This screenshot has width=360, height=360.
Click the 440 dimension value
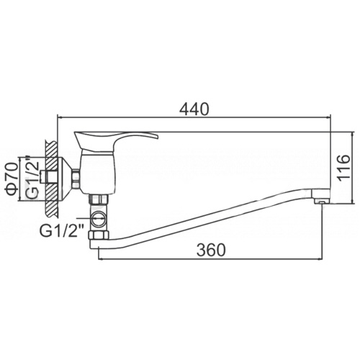click(x=194, y=109)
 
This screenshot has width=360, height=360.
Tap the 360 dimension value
click(x=211, y=250)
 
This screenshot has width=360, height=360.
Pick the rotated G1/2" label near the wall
click(x=32, y=176)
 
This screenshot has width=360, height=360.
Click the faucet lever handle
click(x=116, y=141)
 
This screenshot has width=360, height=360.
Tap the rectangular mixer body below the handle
click(x=98, y=172)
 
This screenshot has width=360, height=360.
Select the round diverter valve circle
click(x=99, y=219)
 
